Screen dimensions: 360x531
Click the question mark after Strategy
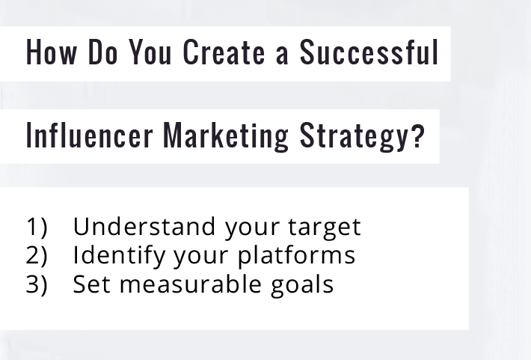[417, 135]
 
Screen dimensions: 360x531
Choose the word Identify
[120, 256]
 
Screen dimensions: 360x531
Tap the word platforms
[297, 256]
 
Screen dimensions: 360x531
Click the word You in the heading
[150, 53]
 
